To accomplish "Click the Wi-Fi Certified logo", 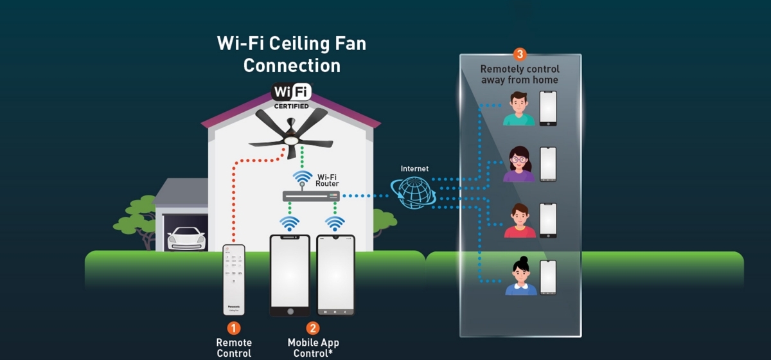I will [x=291, y=94].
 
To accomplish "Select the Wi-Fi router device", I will [x=311, y=195].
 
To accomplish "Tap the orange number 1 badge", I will [x=234, y=328].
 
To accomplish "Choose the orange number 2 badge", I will [x=312, y=328].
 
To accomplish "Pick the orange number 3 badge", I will [x=520, y=55].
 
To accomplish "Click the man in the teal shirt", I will [x=518, y=109].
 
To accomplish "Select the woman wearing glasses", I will [x=518, y=165].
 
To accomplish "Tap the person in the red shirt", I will [x=519, y=221].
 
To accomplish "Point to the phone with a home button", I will [x=289, y=275].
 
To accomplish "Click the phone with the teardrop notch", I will [x=335, y=275].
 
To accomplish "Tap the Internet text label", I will [x=414, y=169].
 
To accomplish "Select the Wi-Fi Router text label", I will [x=327, y=179].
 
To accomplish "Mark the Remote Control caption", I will [x=234, y=348].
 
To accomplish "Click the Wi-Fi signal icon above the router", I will [x=303, y=177].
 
